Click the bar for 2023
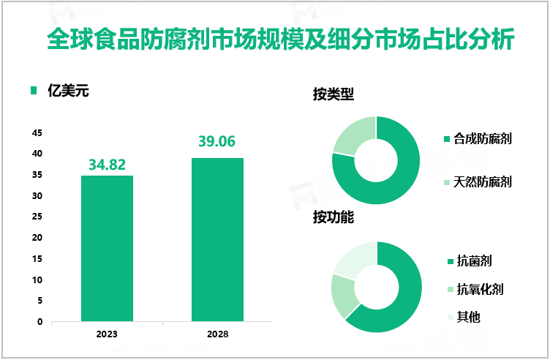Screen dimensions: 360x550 (107, 248)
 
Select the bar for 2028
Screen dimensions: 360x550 (217, 239)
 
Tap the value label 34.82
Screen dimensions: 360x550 (107, 165)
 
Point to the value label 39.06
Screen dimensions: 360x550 (217, 142)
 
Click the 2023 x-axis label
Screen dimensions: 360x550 (107, 334)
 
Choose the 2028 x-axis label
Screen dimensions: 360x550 (217, 334)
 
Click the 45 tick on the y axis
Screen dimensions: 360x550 (37, 133)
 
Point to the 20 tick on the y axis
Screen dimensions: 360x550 (37, 238)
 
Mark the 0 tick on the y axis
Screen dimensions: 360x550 (39, 322)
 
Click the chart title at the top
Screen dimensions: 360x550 (274, 38)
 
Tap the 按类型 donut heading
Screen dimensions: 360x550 (334, 95)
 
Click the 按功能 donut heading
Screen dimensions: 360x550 (334, 218)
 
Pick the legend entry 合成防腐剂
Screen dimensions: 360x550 (482, 138)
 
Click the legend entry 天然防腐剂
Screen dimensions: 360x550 (482, 181)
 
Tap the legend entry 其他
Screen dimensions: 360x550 (468, 317)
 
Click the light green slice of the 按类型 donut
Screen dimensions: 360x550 (352, 135)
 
